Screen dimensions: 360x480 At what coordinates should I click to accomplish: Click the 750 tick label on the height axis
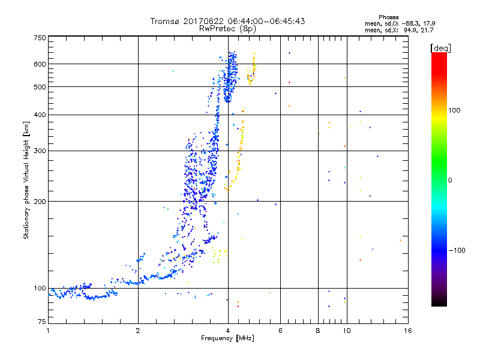pyautogui.click(x=40, y=38)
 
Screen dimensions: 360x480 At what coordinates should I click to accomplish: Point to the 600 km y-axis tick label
pyautogui.click(x=40, y=64)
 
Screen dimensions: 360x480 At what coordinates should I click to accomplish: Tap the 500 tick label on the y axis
pyautogui.click(x=40, y=87)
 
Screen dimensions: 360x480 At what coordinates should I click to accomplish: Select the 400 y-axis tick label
pyautogui.click(x=40, y=115)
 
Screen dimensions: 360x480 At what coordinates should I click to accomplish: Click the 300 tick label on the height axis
pyautogui.click(x=40, y=151)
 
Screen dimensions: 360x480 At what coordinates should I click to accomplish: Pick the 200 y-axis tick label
pyautogui.click(x=40, y=202)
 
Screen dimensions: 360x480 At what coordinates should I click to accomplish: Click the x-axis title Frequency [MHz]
pyautogui.click(x=227, y=340)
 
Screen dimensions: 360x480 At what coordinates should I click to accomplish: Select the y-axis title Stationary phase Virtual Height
pyautogui.click(x=26, y=181)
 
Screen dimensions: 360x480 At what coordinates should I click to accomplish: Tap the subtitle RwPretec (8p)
pyautogui.click(x=227, y=28)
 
